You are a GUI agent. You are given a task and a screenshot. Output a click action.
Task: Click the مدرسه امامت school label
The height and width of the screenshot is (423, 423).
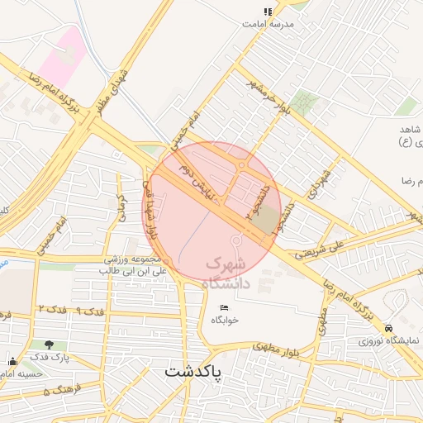[268, 24]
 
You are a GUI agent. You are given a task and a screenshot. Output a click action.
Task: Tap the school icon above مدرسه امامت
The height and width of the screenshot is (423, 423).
[268, 12]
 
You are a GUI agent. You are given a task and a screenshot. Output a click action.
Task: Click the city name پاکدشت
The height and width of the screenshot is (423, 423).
[192, 371]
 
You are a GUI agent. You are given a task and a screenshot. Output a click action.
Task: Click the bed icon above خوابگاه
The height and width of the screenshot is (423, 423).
[225, 308]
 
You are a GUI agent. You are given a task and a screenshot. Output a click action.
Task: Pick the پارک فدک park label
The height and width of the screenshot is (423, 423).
[51, 357]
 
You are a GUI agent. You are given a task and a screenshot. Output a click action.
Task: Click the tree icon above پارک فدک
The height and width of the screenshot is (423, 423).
[51, 345]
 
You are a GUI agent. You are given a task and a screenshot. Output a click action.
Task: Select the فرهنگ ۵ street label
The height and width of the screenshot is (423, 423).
[58, 388]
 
